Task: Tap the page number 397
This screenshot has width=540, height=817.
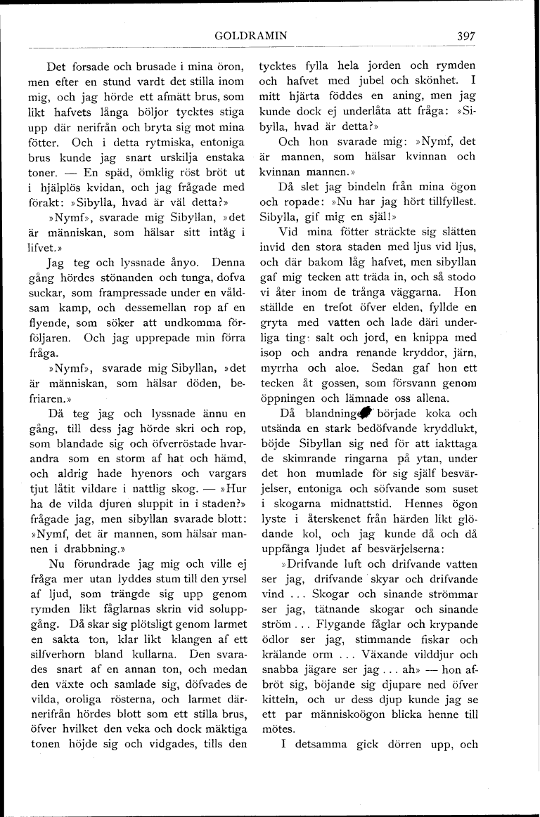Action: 466,35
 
